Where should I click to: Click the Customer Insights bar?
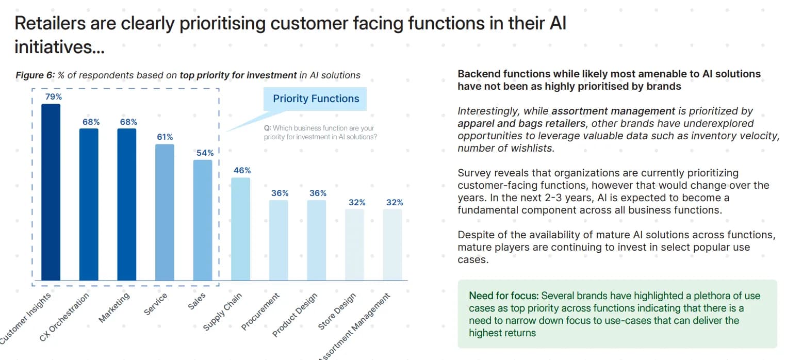click(51, 192)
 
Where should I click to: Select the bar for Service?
click(165, 212)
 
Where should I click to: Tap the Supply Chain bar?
click(241, 229)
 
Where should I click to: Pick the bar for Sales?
click(203, 220)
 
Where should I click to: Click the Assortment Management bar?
click(392, 244)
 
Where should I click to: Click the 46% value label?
click(241, 170)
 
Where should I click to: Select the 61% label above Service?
click(165, 137)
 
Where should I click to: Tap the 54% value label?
click(204, 153)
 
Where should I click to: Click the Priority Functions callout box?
click(316, 99)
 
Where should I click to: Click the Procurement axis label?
click(260, 312)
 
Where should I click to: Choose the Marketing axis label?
click(114, 307)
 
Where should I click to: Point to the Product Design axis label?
click(295, 314)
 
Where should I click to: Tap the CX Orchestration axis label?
click(64, 317)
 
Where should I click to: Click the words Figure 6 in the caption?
click(35, 75)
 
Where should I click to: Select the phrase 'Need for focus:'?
click(503, 296)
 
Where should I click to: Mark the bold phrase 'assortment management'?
click(613, 111)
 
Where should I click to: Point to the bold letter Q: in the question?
click(267, 128)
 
